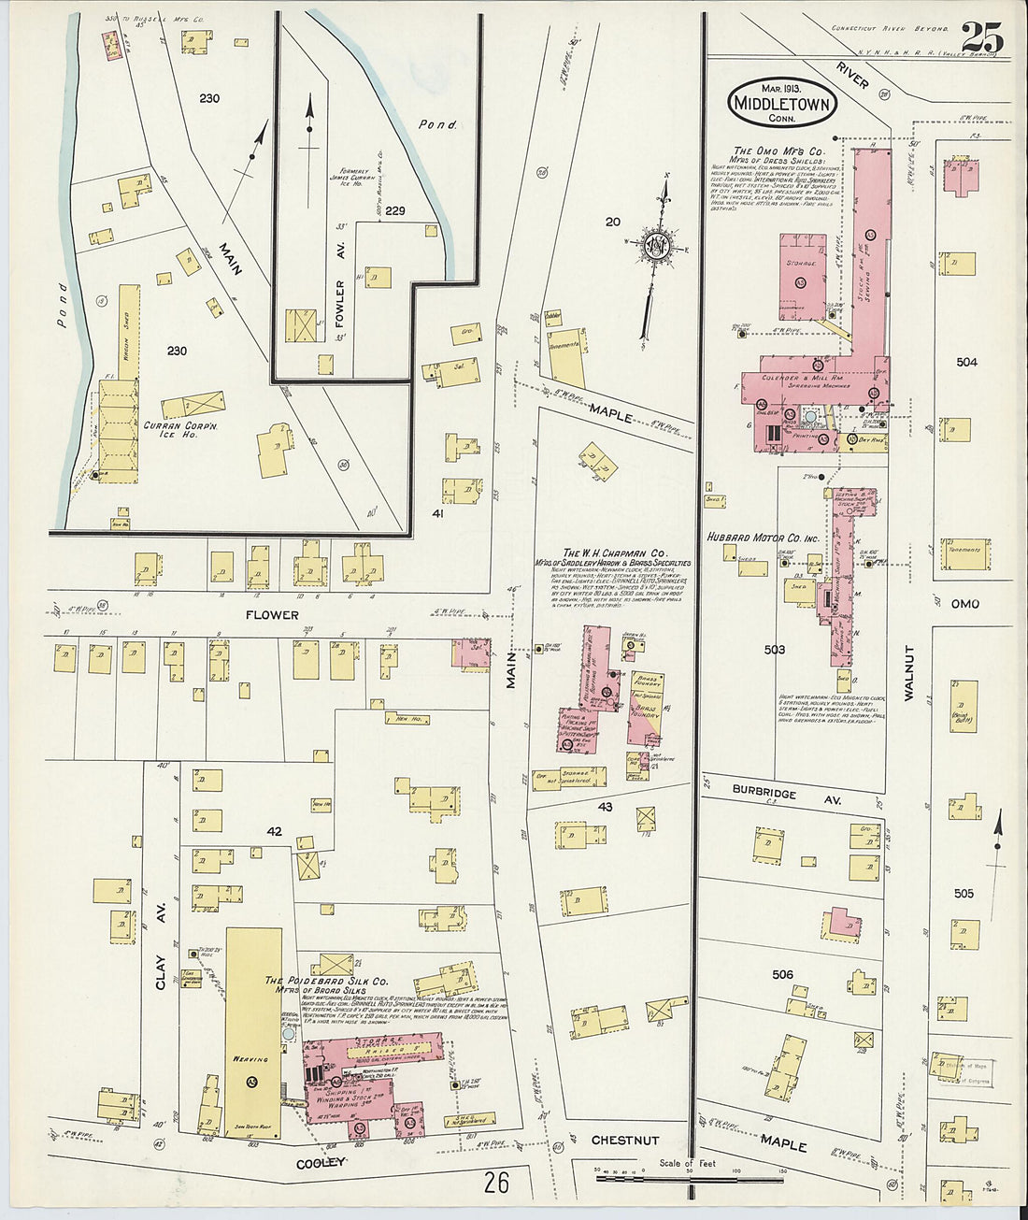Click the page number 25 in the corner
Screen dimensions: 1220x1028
981,38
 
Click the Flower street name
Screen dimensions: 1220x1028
272,615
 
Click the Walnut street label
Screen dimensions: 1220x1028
907,672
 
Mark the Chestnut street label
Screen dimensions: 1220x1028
625,1141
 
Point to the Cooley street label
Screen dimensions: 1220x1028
322,1162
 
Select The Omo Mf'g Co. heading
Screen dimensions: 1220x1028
778,151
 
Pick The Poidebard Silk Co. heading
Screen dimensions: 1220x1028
326,981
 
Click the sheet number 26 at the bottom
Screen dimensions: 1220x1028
496,1183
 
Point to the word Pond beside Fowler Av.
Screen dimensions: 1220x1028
437,124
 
